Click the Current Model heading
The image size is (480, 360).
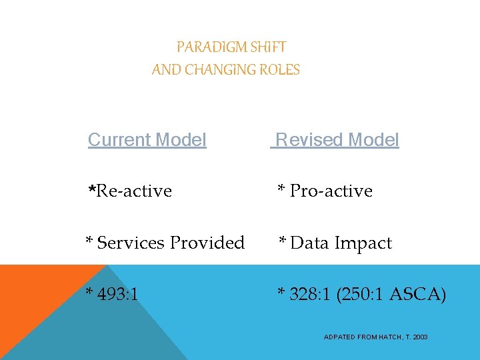coord(147,140)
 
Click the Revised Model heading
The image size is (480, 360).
coord(337,140)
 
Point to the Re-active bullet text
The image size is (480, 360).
coord(134,191)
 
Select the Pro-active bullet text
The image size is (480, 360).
coord(331,191)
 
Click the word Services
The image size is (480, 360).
coord(131,243)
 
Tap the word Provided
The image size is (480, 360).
coord(207,243)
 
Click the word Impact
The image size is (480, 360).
coord(363,243)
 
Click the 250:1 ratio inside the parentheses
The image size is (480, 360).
coord(363,294)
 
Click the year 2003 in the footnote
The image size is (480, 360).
coord(420,337)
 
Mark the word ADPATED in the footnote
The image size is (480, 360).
coord(339,337)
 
